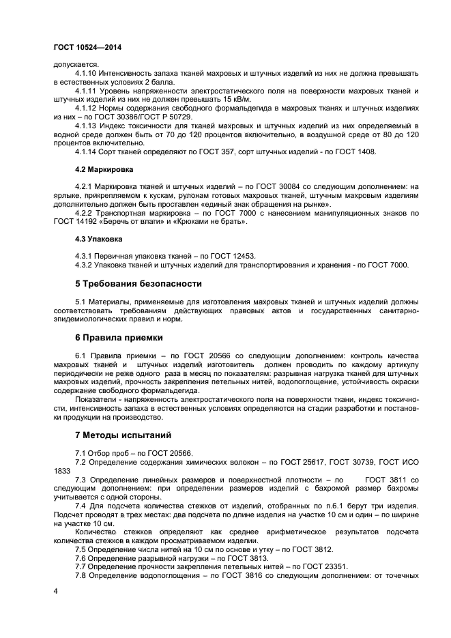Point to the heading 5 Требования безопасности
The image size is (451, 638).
point(138,282)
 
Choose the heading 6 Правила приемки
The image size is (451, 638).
point(119,337)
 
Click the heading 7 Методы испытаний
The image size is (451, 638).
point(123,435)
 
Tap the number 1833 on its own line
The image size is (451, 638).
point(61,470)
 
